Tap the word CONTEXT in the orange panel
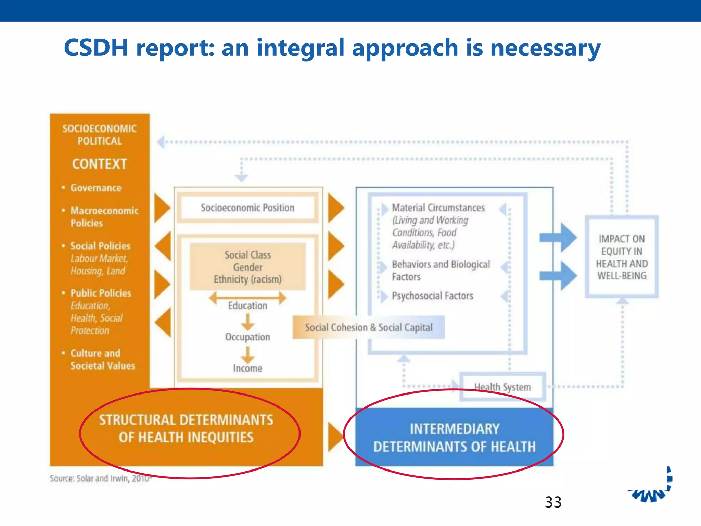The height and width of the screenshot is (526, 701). (x=99, y=164)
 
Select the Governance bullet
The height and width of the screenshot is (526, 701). (x=96, y=188)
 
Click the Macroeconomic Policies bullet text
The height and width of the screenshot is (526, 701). (x=104, y=217)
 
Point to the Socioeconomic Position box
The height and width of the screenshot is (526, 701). (x=247, y=208)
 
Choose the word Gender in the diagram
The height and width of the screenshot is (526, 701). (x=247, y=267)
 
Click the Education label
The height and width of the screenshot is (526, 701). (x=247, y=305)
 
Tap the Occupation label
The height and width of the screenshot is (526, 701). (x=247, y=337)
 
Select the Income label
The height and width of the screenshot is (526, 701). (x=247, y=368)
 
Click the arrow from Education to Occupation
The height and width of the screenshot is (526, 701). (x=247, y=321)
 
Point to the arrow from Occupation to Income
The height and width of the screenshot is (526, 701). (x=247, y=354)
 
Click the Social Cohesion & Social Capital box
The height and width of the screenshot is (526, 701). (x=369, y=327)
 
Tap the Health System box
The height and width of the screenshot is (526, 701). (x=502, y=387)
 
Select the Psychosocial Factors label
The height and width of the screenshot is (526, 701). (x=432, y=296)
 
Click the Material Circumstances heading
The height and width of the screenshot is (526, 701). (x=438, y=208)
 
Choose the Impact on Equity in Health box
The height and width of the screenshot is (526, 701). (x=622, y=257)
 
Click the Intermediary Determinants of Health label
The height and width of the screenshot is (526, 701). (x=454, y=438)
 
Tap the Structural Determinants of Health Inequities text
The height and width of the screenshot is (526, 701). (x=186, y=428)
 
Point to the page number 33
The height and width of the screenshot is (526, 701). (x=553, y=502)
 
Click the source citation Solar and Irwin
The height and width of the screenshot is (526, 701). (x=101, y=478)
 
